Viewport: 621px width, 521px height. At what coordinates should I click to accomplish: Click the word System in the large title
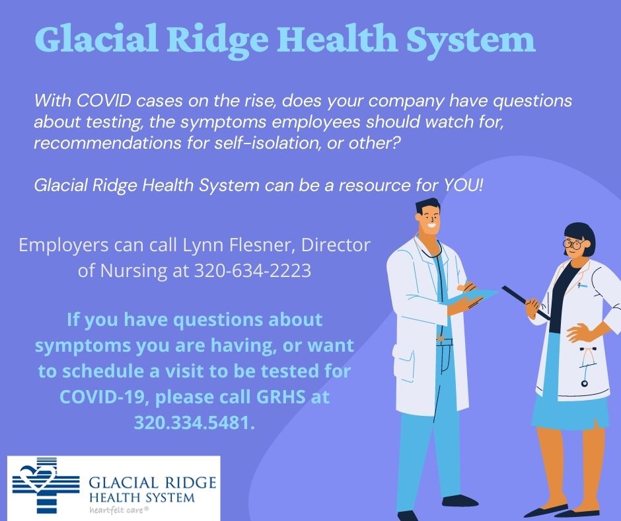tap(471, 40)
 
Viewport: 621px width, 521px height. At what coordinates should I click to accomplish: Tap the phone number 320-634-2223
tap(252, 271)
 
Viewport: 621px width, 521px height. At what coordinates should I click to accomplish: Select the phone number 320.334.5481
tap(194, 422)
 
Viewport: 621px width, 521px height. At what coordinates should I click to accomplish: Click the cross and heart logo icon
tap(46, 485)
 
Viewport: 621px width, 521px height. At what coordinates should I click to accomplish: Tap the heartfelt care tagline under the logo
tap(119, 510)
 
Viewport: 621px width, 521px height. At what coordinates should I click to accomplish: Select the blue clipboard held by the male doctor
tap(471, 298)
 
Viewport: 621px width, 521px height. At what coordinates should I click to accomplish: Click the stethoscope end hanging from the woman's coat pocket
tap(585, 383)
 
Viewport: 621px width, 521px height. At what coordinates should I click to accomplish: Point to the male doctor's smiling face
tap(429, 220)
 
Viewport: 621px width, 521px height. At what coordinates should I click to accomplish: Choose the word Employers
tap(63, 246)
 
